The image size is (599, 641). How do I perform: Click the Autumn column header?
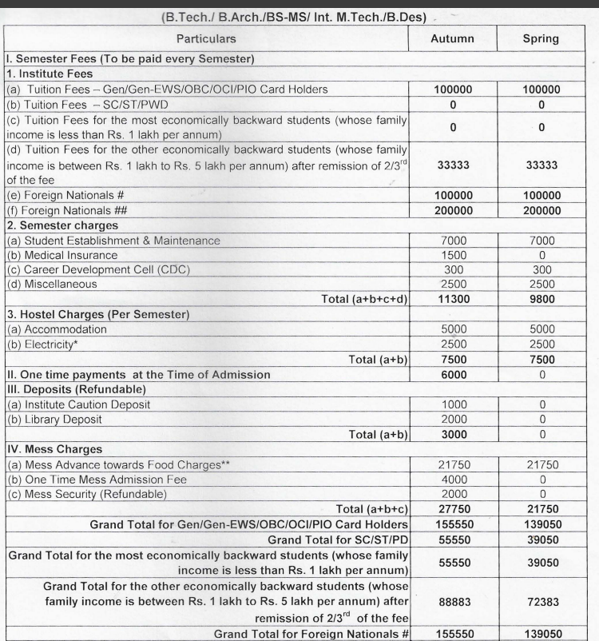coord(452,38)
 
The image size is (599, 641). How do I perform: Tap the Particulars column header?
coord(206,38)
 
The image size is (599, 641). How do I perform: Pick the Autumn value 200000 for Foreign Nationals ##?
coord(452,210)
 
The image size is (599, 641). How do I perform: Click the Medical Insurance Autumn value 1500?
coord(452,255)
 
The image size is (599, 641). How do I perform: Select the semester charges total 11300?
coord(452,299)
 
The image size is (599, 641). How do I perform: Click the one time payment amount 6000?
coord(452,374)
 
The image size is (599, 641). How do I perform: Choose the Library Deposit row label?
coord(55,420)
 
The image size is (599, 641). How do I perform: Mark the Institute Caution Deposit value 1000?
coord(452,404)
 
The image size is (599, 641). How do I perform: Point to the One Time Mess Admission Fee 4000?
coord(452,479)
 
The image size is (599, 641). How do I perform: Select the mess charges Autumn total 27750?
coord(452,509)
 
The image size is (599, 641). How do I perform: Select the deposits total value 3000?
coord(452,434)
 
